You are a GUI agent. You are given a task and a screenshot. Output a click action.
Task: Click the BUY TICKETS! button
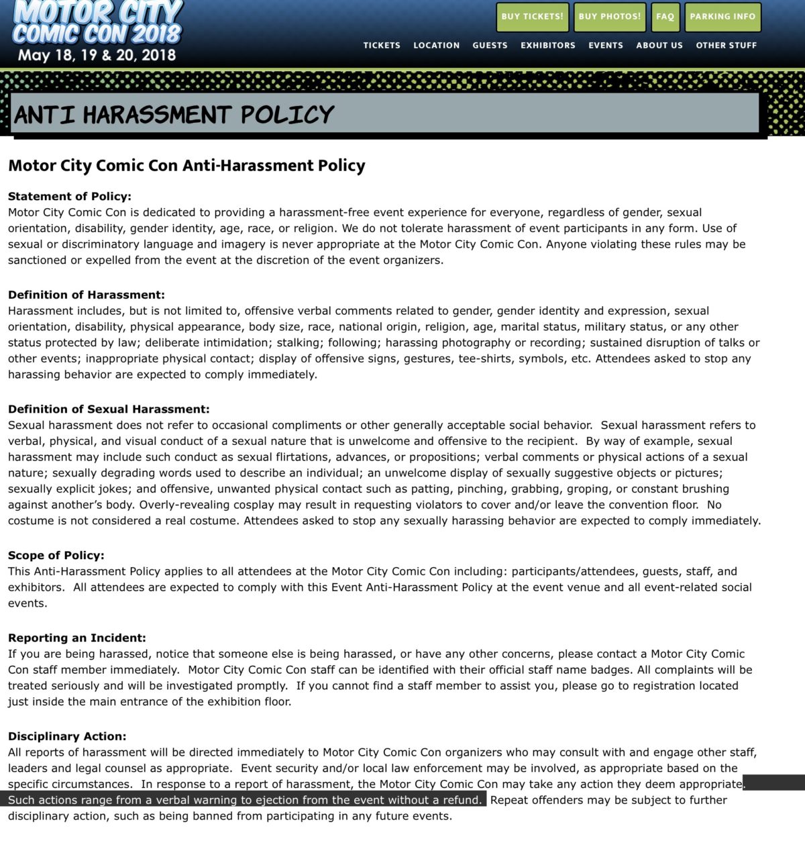click(x=533, y=17)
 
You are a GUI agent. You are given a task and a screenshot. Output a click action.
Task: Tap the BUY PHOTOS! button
click(x=609, y=17)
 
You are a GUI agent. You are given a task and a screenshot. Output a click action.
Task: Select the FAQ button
click(x=665, y=17)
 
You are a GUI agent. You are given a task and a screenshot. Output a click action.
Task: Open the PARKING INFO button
click(x=722, y=17)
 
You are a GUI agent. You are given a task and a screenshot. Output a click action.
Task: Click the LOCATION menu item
click(x=436, y=46)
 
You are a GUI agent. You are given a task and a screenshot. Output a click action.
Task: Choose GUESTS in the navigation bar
click(x=490, y=46)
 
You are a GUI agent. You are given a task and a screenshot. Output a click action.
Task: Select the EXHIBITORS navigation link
click(x=547, y=46)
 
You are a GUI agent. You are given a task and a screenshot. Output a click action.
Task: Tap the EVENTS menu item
click(x=605, y=46)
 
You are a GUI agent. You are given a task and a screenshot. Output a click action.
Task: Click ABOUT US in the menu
click(x=659, y=46)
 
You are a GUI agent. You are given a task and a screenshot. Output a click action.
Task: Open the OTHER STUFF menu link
click(x=726, y=46)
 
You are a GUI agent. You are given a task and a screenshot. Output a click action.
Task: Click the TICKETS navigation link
click(x=382, y=46)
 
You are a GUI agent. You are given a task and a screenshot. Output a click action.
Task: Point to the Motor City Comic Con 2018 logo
click(x=97, y=22)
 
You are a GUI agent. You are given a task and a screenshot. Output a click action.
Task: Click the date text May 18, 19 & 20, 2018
click(x=97, y=55)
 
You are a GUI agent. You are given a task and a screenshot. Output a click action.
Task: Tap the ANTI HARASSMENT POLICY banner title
click(x=174, y=115)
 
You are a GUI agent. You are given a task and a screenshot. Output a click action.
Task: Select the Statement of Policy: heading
click(x=70, y=197)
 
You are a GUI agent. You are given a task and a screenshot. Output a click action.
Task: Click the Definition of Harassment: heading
click(x=86, y=295)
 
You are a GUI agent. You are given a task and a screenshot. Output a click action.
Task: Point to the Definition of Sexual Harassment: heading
click(x=109, y=409)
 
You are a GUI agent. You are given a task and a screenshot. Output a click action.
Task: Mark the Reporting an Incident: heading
click(x=76, y=638)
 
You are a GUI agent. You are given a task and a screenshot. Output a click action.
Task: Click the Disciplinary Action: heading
click(x=67, y=737)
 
